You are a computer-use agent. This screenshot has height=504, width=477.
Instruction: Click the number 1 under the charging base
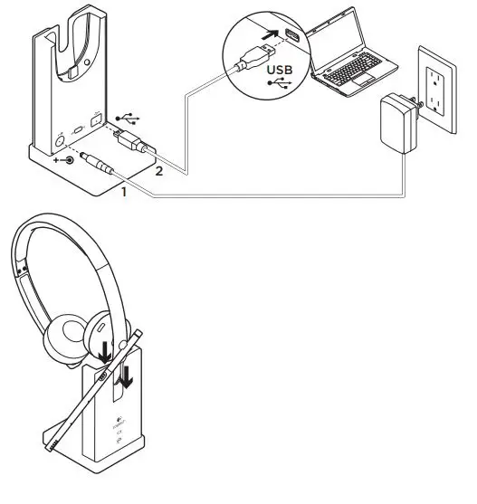click(124, 191)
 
